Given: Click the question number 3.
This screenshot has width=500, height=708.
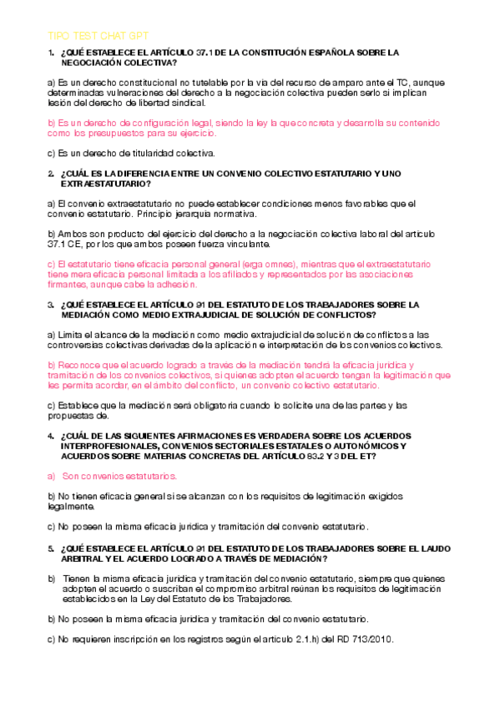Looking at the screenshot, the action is pyautogui.click(x=51, y=304).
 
